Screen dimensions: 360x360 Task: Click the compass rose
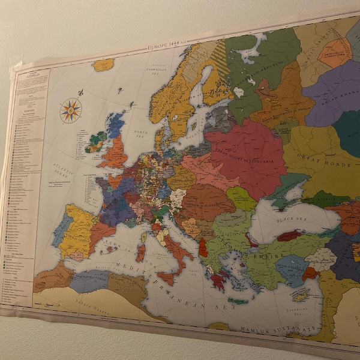coord(71,110)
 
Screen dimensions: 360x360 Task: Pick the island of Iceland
coord(103,64)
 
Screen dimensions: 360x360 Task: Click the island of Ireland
coord(94,144)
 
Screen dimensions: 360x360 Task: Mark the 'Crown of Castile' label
coord(74,231)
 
